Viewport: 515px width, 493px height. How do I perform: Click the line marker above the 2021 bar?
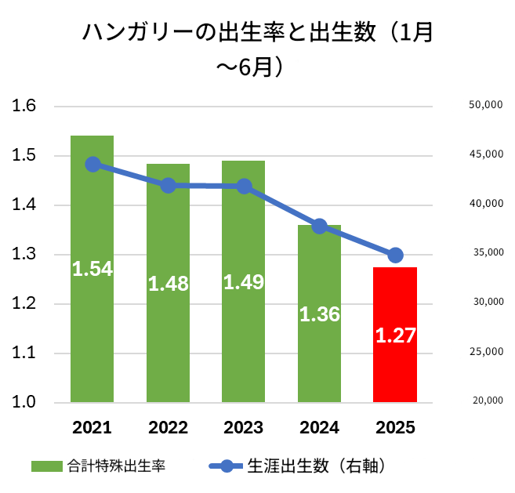(x=93, y=164)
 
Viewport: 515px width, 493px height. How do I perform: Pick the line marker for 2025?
(x=395, y=255)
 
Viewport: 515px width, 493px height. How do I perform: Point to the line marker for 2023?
(x=244, y=187)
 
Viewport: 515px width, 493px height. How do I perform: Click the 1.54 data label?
(x=92, y=269)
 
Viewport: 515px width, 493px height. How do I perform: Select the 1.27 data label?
(x=395, y=335)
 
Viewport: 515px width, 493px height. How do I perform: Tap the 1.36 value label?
(x=319, y=314)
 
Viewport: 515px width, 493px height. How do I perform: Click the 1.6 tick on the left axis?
(x=26, y=107)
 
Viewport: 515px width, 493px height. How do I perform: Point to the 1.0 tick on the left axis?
(x=26, y=402)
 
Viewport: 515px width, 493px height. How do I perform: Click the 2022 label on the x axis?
(x=168, y=427)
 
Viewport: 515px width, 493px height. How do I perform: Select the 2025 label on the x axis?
(x=395, y=427)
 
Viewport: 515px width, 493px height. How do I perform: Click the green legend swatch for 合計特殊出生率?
(x=46, y=466)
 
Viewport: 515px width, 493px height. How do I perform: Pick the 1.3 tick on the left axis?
(x=26, y=255)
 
